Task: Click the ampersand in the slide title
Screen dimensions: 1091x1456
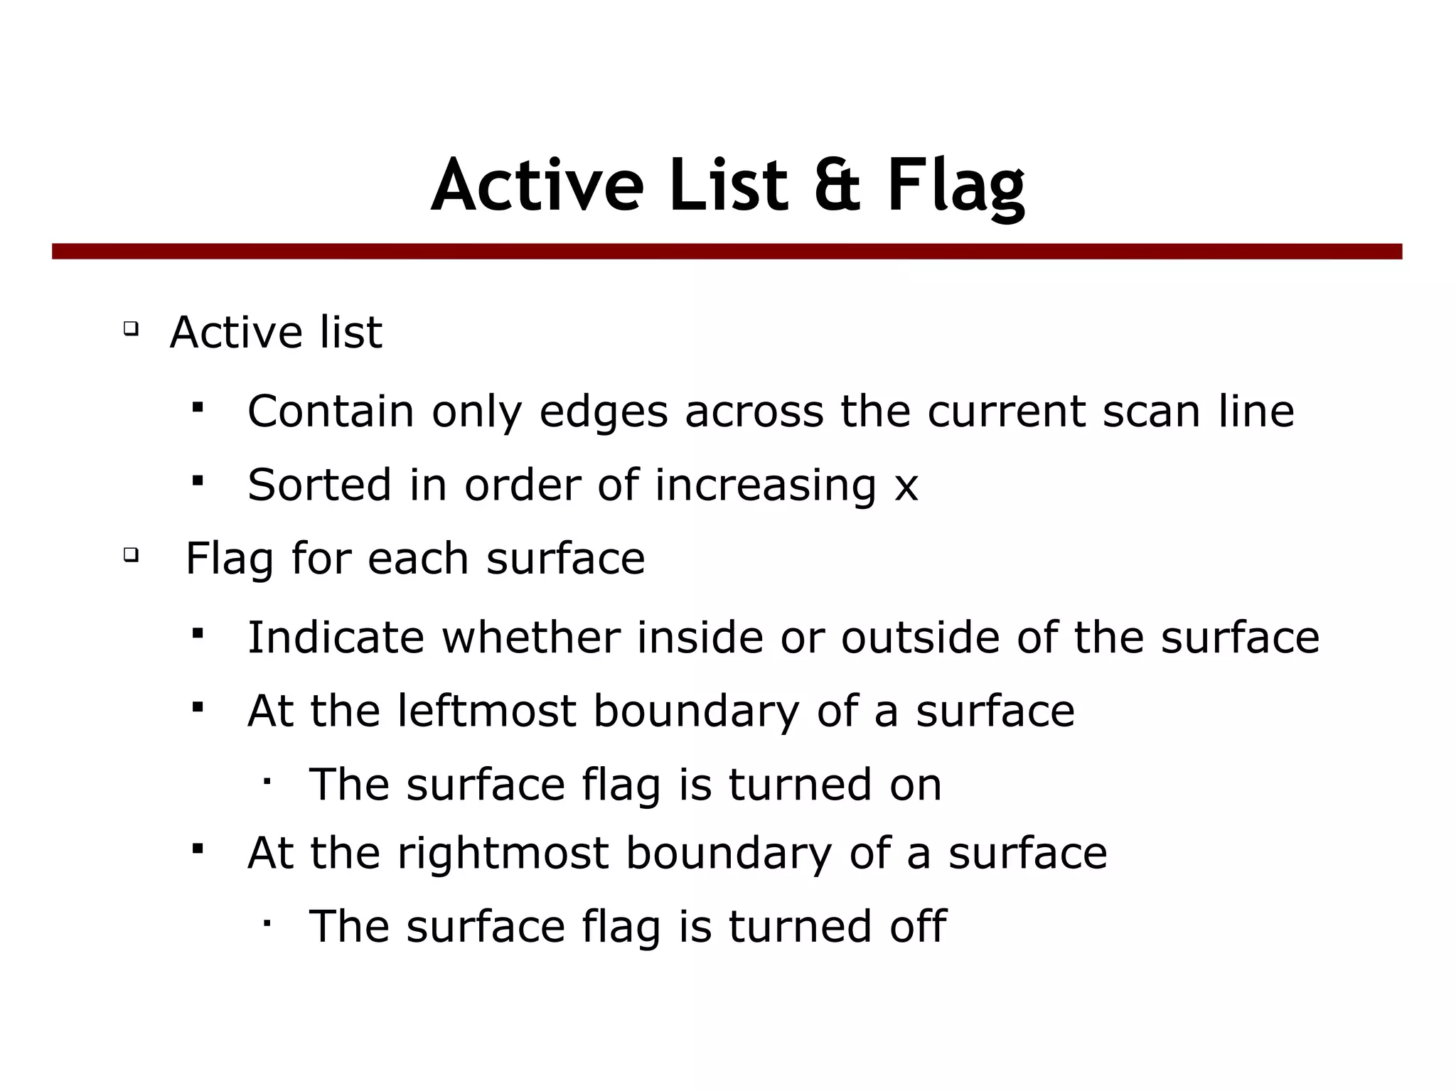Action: [x=837, y=186]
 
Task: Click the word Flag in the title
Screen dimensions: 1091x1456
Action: [x=955, y=186]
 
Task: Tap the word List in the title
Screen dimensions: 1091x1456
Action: [x=728, y=186]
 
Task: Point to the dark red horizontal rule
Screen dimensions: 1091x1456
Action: [x=727, y=252]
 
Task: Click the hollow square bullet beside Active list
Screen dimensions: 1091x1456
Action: [x=130, y=328]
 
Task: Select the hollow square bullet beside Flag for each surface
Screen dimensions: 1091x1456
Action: [x=130, y=554]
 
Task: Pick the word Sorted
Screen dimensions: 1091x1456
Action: [x=320, y=485]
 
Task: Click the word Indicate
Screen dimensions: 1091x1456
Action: [x=336, y=637]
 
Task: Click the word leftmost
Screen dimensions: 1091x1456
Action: [x=486, y=711]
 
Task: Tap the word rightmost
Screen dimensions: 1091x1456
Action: [x=503, y=853]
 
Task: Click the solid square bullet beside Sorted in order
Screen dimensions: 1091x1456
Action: [x=198, y=481]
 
